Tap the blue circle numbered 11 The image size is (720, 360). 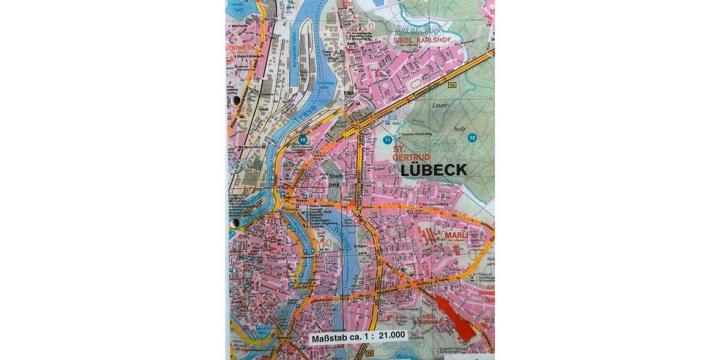387,140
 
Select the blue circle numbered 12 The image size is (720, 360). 473,137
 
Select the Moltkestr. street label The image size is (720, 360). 318,298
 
